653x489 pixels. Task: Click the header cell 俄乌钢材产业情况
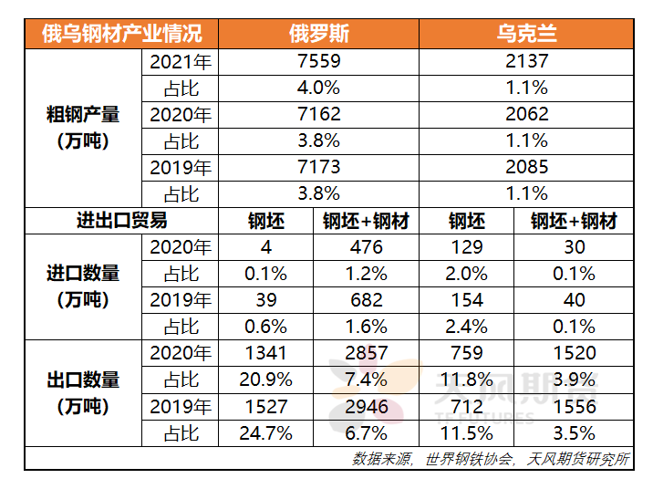pos(121,35)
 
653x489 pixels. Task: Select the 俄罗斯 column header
pos(318,35)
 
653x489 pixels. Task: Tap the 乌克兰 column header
pos(526,35)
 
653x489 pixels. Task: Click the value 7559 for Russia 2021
pos(318,62)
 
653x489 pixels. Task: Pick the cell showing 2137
pos(526,62)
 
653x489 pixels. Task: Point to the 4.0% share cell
pos(318,88)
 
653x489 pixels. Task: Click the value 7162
pos(318,115)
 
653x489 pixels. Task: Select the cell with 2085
pos(526,168)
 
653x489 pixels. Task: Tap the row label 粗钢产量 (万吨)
pos(83,128)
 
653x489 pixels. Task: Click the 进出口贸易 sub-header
pos(121,221)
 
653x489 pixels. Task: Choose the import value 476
pos(366,247)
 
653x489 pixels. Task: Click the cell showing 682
pos(366,300)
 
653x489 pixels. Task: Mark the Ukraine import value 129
pos(466,247)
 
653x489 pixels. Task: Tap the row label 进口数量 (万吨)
pos(83,286)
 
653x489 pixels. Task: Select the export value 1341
pos(265,353)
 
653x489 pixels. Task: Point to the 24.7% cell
pos(265,432)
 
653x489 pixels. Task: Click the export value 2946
pos(366,406)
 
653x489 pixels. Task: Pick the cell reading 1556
pos(574,406)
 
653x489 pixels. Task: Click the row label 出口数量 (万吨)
pos(83,392)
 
